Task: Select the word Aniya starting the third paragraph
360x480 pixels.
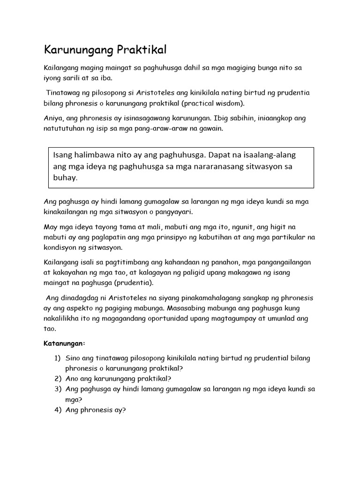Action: [53, 119]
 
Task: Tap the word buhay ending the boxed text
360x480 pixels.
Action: [66, 178]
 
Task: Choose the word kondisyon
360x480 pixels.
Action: [60, 247]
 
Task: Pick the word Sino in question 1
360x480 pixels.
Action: [73, 358]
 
